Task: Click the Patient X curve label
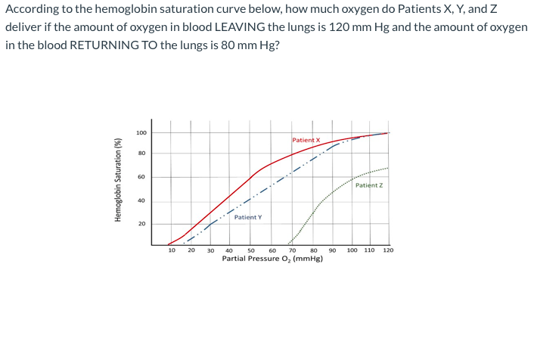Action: (306, 140)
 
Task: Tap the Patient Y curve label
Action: (248, 217)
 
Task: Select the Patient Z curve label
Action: (368, 185)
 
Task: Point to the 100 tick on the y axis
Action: (141, 133)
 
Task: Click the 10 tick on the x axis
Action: (172, 250)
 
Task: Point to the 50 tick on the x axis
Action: (251, 250)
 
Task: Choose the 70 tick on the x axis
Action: (292, 250)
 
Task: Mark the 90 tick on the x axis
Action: (331, 250)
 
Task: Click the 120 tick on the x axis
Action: (388, 250)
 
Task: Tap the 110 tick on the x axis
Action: (369, 250)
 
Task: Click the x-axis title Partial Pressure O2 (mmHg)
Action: (272, 259)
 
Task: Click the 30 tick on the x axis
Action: (211, 250)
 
